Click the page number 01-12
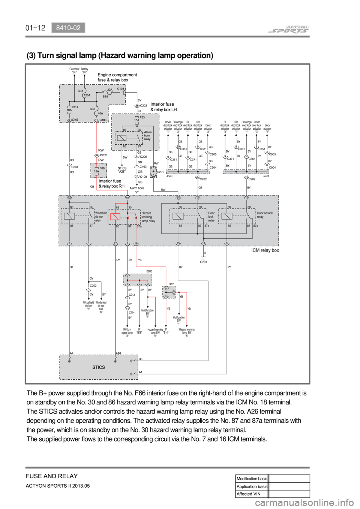point(35,28)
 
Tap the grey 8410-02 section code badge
point(68,28)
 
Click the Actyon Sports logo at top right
point(289,30)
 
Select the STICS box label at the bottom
point(99,367)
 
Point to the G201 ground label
point(204,262)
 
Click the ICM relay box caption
point(265,250)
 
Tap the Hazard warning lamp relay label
point(148,217)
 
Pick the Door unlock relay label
point(265,215)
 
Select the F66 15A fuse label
point(99,170)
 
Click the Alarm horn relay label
point(148,135)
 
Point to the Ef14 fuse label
point(75,107)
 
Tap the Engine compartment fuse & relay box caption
point(117,77)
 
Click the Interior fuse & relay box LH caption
point(163,107)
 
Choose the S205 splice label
point(149,271)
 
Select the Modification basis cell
point(252,479)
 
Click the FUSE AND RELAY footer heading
point(52,476)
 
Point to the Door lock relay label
point(211,217)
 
